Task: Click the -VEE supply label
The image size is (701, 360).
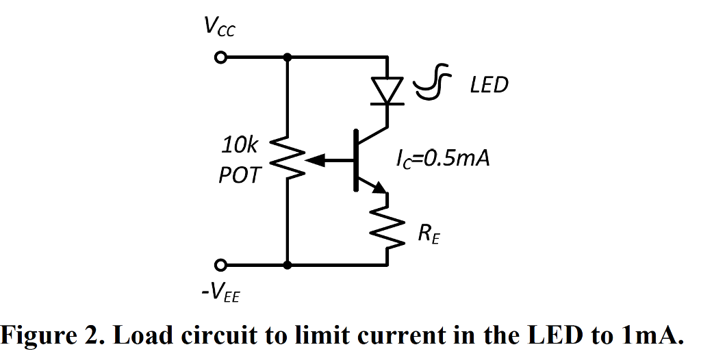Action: point(221,295)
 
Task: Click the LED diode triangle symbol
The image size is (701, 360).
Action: point(388,90)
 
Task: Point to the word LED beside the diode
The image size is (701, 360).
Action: point(489,86)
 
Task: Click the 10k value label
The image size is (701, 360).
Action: point(240,145)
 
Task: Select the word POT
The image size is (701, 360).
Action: point(240,175)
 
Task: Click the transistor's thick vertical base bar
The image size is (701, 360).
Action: point(356,160)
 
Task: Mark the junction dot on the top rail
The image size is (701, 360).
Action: point(288,58)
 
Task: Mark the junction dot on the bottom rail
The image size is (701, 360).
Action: point(288,265)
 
